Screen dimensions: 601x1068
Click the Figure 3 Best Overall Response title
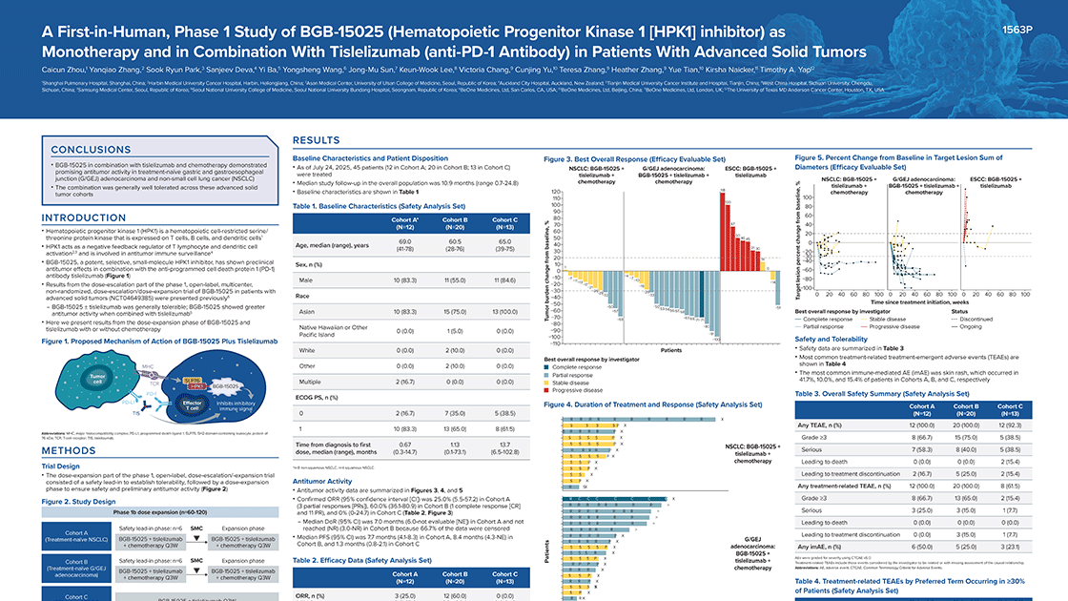633,157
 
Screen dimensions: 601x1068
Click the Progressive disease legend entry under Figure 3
579,390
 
